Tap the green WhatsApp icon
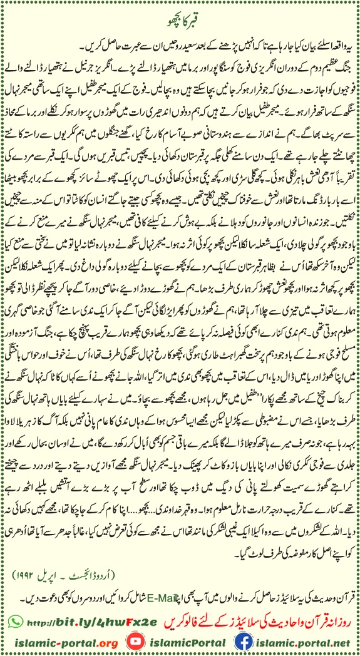(x=18, y=604)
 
